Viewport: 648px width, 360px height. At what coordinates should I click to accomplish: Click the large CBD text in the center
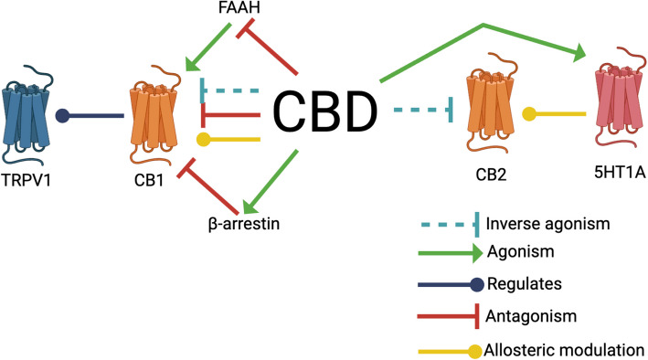(325, 114)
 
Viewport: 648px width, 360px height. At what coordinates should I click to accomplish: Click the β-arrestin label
(243, 220)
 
